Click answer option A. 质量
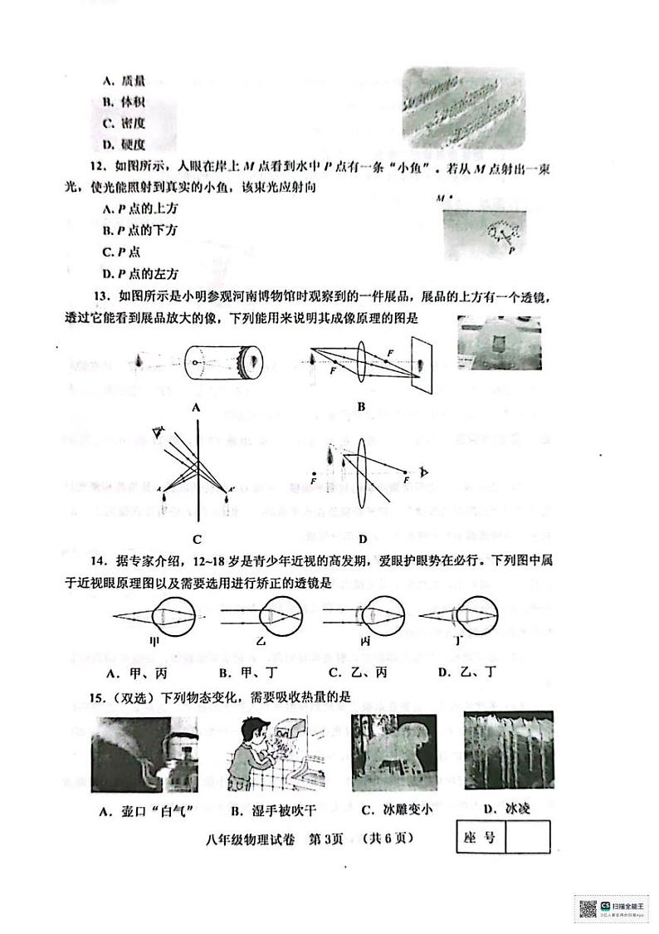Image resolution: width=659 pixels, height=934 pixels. [124, 81]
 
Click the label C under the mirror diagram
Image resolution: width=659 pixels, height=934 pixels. [197, 538]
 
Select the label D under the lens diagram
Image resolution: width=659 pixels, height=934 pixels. [363, 538]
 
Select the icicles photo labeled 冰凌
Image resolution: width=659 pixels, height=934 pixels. [508, 751]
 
